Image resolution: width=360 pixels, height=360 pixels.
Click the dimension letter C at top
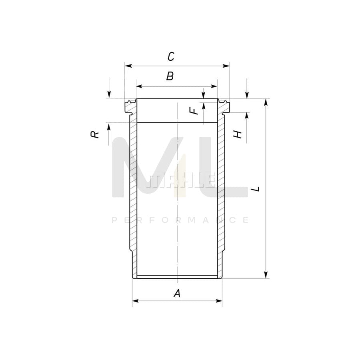coord(171,56)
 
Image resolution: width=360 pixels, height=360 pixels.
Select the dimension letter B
coord(170,76)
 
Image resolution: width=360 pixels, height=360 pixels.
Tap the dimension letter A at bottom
coord(177,293)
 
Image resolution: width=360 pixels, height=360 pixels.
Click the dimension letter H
coord(238,134)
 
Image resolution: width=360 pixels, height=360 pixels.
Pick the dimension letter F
coord(194,111)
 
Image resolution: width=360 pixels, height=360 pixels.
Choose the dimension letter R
coord(94,134)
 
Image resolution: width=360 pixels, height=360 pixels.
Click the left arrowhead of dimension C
coord(128,66)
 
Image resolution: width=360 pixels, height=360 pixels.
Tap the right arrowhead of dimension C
coord(226,66)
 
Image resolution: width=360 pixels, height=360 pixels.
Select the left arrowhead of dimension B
coord(140,86)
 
